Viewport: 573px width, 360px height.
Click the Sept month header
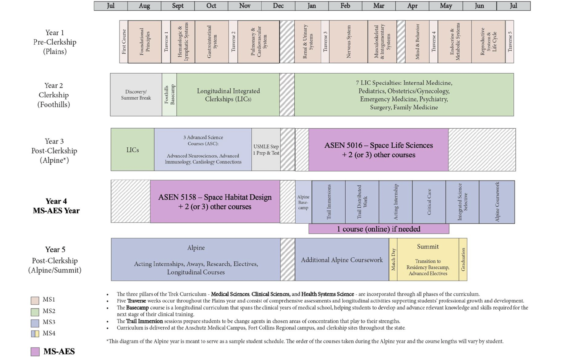(178, 6)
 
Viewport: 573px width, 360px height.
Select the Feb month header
(345, 6)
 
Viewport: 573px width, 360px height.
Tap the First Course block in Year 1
(124, 42)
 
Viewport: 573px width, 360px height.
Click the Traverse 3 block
(325, 42)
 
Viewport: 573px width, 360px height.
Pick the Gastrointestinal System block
(212, 42)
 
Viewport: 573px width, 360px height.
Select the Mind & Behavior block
(417, 42)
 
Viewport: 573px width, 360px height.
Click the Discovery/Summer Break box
(136, 95)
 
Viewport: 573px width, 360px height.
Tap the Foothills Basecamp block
(169, 95)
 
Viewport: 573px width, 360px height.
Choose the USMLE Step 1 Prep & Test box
(266, 150)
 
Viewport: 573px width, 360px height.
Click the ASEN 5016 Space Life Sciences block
(378, 150)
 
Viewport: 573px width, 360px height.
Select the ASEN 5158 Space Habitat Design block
(215, 202)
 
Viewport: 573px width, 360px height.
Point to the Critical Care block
(429, 202)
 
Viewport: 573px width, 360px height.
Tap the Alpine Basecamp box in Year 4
(303, 202)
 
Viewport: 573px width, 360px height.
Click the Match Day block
(393, 260)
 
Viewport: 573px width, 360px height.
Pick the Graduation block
(463, 260)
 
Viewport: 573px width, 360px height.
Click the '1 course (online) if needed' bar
(379, 229)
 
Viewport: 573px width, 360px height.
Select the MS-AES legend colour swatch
(35, 352)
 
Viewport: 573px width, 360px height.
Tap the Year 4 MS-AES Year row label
(56, 206)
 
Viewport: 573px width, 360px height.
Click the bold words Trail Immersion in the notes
(144, 321)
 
